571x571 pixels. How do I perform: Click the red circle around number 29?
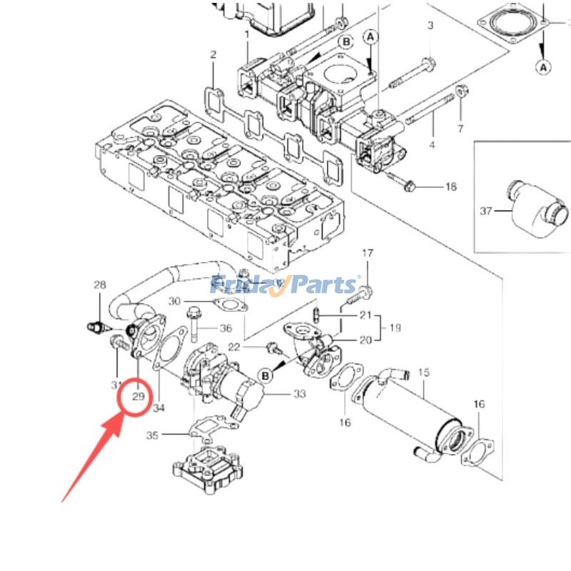coord(138,398)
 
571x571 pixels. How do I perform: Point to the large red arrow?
coord(94,458)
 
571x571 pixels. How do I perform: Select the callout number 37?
coord(487,211)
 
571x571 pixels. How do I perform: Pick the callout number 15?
coord(423,373)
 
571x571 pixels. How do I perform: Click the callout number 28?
coord(99,285)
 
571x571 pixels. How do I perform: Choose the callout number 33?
coord(299,393)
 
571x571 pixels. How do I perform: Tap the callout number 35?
coord(151,435)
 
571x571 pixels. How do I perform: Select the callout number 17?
coord(368,254)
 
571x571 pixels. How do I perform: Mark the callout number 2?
coord(213,56)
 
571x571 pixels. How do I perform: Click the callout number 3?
coord(430,26)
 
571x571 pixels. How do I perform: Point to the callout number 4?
coord(432,146)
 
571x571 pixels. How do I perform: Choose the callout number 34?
coord(158,408)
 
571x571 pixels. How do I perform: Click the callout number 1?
coord(247,34)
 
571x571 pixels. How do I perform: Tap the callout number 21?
coord(366,315)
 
